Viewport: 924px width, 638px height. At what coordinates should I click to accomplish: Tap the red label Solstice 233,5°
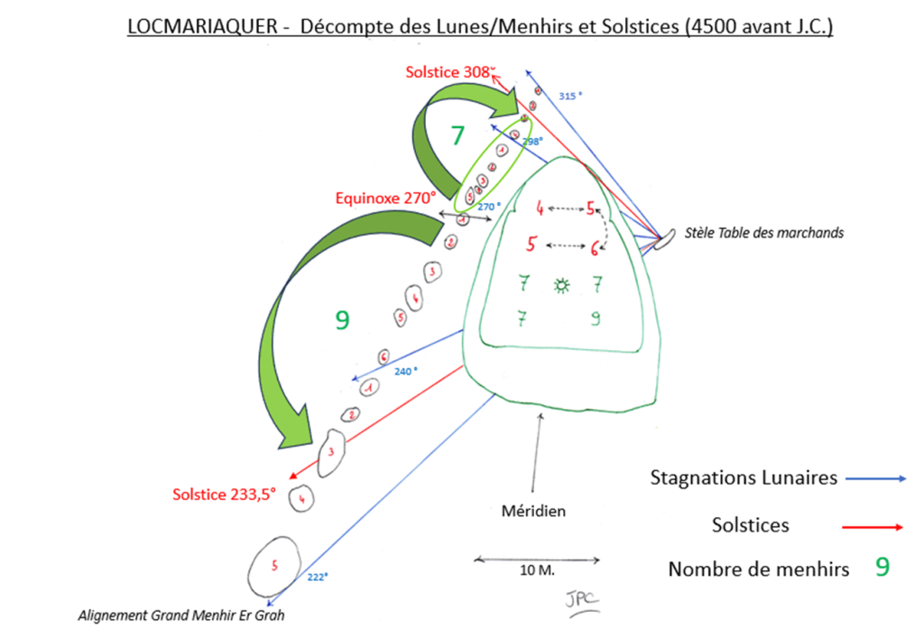click(225, 494)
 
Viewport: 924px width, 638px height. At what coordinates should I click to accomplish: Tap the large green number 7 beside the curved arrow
click(457, 136)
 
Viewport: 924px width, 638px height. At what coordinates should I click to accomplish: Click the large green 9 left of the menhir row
click(342, 319)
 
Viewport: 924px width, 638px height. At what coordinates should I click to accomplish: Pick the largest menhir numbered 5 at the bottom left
click(275, 567)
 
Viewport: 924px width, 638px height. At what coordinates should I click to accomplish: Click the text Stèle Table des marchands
click(764, 233)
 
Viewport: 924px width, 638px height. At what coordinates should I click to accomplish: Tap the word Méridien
click(533, 511)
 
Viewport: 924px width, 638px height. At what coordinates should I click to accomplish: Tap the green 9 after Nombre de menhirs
click(882, 567)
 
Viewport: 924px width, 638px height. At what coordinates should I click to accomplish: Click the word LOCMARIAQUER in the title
click(200, 28)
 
